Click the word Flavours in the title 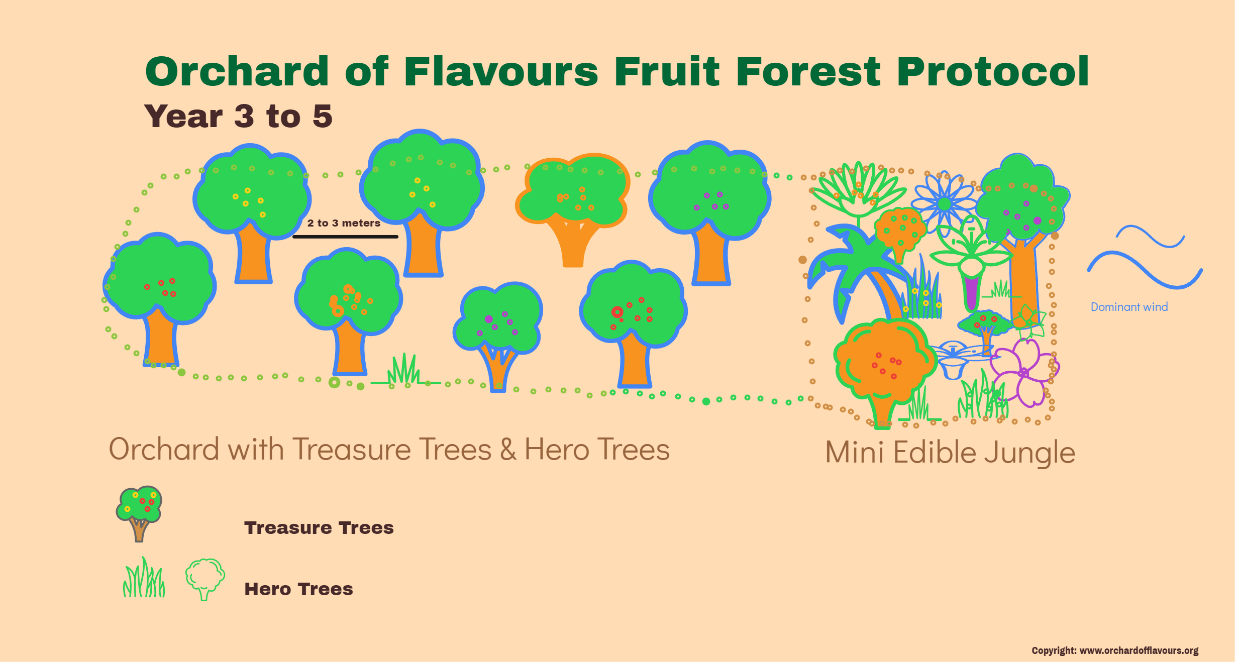pyautogui.click(x=500, y=71)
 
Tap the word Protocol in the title pyautogui.click(x=992, y=71)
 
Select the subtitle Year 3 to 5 pyautogui.click(x=238, y=116)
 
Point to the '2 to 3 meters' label pyautogui.click(x=344, y=223)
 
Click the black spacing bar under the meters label pyautogui.click(x=345, y=237)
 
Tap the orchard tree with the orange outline pyautogui.click(x=573, y=201)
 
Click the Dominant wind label pyautogui.click(x=1129, y=307)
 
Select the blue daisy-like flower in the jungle pyautogui.click(x=945, y=203)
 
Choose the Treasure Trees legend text pyautogui.click(x=319, y=528)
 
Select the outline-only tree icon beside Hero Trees pyautogui.click(x=205, y=578)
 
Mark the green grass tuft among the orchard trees pyautogui.click(x=404, y=371)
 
